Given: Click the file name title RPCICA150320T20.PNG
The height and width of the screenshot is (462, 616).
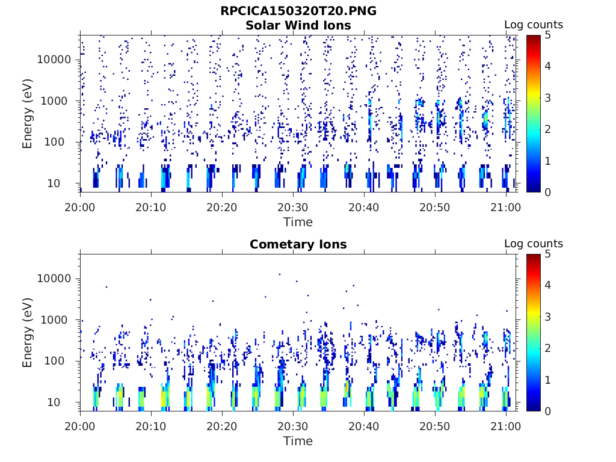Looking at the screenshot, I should click(298, 11).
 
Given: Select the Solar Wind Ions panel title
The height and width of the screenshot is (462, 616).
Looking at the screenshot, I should click(298, 25).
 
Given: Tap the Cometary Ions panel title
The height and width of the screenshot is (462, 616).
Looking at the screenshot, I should click(298, 244).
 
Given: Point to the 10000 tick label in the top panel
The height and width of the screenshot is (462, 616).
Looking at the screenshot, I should click(55, 60).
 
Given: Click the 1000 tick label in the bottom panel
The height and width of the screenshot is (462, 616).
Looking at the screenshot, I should click(58, 320).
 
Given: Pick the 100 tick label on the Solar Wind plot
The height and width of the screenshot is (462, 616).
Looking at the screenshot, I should click(60, 143).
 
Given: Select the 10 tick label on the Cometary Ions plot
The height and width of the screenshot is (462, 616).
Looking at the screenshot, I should click(63, 402).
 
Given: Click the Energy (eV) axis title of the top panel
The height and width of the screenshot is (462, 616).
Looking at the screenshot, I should click(28, 114).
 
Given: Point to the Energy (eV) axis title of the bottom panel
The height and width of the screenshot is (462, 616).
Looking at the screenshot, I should click(28, 333).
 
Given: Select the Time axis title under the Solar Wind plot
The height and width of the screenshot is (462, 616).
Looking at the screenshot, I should click(298, 222).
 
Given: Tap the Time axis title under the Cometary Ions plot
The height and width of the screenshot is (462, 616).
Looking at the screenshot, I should click(298, 441).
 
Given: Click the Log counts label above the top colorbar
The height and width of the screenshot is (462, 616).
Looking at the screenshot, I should click(534, 25).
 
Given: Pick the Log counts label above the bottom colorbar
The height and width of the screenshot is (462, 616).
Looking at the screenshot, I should click(534, 244).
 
